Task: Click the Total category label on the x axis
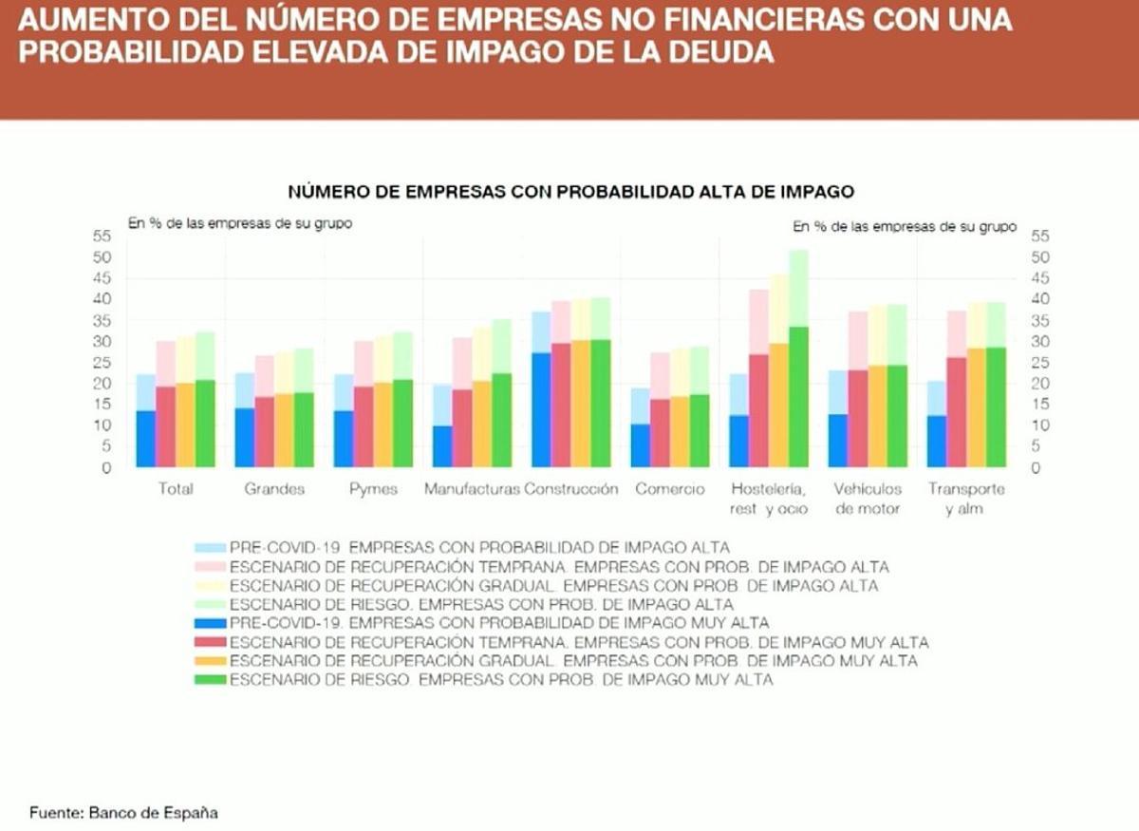click(177, 489)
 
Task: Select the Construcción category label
click(571, 489)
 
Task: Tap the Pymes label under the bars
click(373, 489)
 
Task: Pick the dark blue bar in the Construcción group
click(541, 409)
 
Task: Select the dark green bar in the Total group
click(205, 424)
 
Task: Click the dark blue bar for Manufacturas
click(441, 445)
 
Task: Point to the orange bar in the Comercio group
click(680, 431)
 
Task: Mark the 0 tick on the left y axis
click(107, 467)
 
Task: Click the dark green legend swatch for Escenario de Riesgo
click(210, 680)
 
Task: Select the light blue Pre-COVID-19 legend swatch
click(210, 548)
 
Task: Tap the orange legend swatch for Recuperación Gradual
click(210, 661)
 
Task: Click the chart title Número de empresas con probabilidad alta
click(571, 191)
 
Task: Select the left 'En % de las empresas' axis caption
click(240, 225)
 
